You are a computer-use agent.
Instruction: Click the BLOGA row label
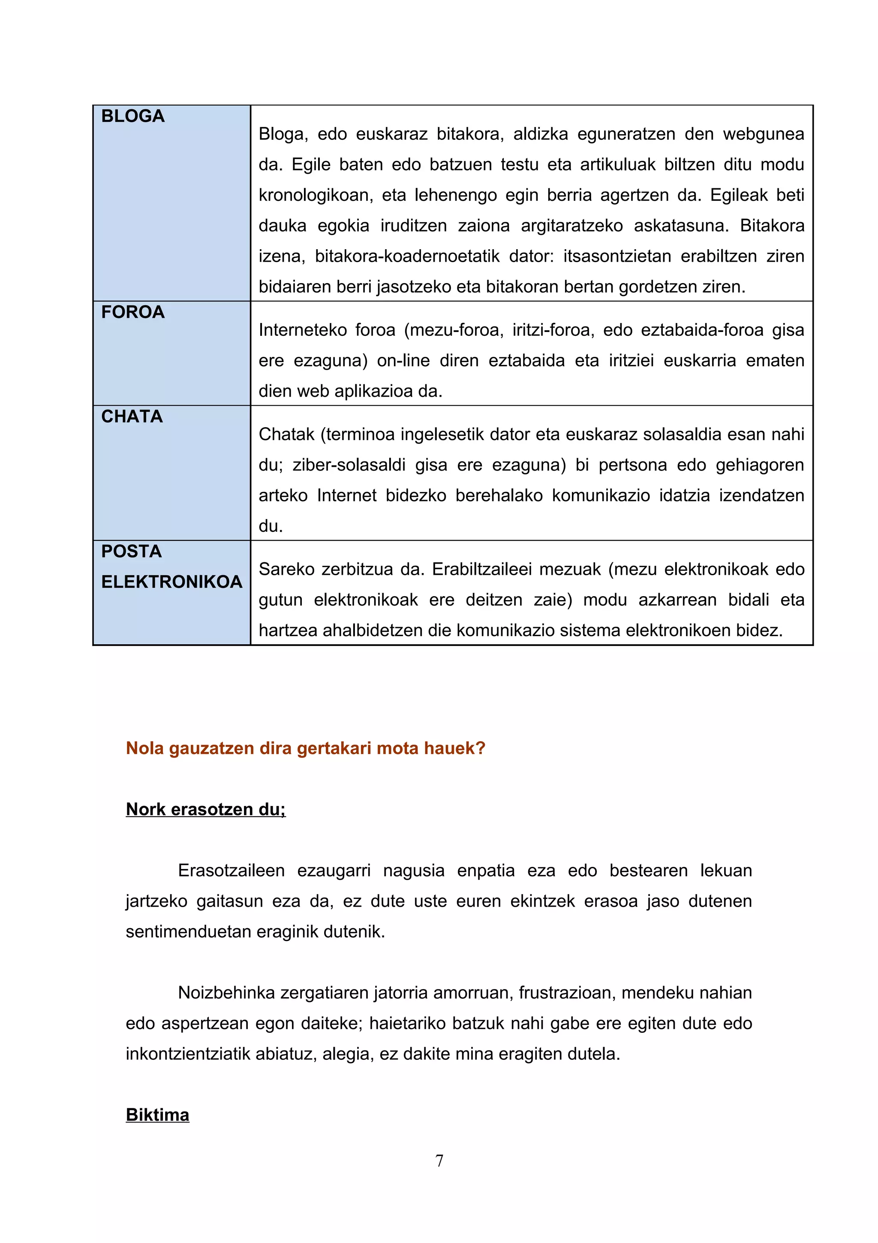click(132, 116)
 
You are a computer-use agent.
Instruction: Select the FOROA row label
click(132, 312)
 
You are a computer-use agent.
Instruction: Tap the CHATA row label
click(132, 417)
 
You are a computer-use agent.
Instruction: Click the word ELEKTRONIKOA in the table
click(171, 582)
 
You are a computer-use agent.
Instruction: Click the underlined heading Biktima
click(157, 1115)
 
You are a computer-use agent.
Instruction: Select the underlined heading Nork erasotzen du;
click(206, 809)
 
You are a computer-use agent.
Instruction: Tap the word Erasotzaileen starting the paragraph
click(231, 871)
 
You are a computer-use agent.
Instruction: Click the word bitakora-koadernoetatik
click(407, 256)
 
